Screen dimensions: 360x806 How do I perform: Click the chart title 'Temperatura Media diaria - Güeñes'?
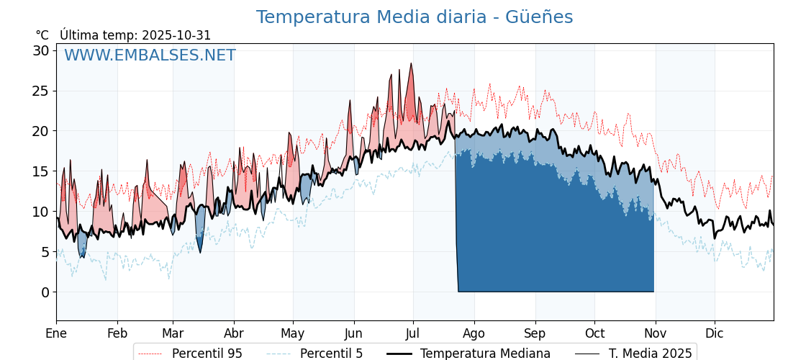[x=415, y=17]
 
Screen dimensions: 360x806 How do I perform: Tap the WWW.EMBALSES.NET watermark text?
[x=150, y=55]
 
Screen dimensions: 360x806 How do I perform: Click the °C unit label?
[x=42, y=35]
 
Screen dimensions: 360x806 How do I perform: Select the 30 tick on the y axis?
[x=40, y=50]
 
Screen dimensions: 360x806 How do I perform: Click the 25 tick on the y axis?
[x=40, y=91]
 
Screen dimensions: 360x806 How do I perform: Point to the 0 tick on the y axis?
[x=45, y=292]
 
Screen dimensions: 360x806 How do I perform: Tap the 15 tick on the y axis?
[x=40, y=171]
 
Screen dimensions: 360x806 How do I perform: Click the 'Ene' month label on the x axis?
[x=56, y=333]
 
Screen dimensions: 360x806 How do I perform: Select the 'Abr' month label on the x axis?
[x=234, y=333]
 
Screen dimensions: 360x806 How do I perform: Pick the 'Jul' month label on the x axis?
[x=413, y=333]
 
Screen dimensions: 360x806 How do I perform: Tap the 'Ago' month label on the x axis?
[x=474, y=333]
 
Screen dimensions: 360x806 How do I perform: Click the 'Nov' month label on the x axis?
[x=656, y=333]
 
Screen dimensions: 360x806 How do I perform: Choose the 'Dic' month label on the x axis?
[x=715, y=333]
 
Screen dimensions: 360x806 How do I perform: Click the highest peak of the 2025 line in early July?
[x=412, y=63]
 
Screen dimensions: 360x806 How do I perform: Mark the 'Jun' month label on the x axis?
[x=353, y=333]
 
